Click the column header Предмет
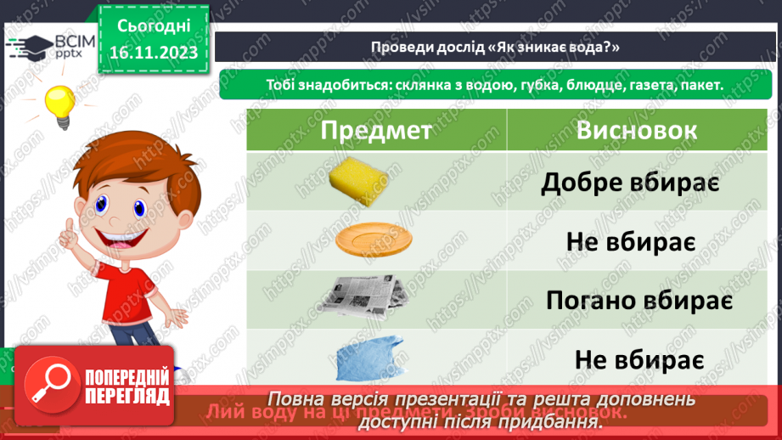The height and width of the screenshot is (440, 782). tap(375, 131)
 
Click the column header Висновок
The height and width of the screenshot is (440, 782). tap(637, 131)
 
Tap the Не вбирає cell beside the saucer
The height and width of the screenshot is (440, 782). tap(631, 241)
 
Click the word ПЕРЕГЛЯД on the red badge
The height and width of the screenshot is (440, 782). tap(127, 397)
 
